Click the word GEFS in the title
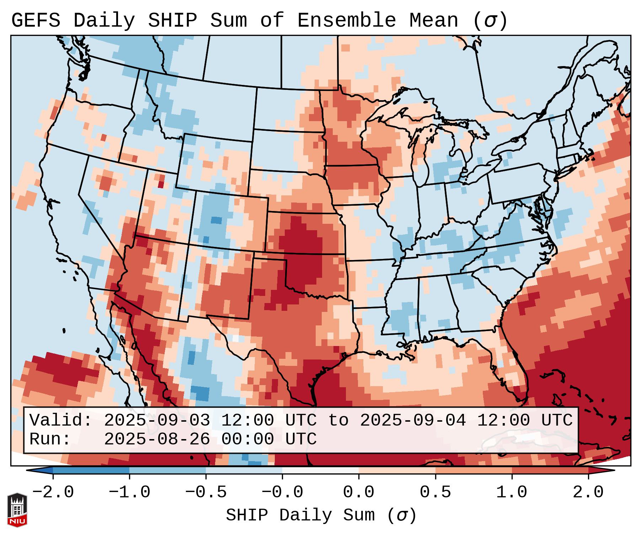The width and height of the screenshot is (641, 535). click(36, 21)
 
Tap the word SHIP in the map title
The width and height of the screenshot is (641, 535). click(172, 21)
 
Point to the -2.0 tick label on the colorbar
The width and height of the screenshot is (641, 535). click(53, 492)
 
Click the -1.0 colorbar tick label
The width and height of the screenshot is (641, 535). click(129, 492)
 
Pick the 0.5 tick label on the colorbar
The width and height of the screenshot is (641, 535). click(435, 492)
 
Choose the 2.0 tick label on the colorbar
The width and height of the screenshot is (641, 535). click(588, 492)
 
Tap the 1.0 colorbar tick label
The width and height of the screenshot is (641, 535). click(512, 492)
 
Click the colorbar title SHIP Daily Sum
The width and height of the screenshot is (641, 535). click(321, 515)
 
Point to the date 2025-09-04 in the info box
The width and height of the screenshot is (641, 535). click(413, 420)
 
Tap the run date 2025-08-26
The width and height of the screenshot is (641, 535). click(157, 439)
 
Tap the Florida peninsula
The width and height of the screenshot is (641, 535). click(512, 373)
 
